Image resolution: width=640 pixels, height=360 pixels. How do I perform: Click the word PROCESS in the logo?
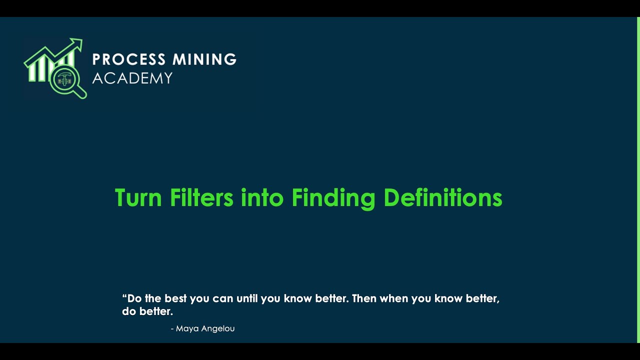click(x=128, y=59)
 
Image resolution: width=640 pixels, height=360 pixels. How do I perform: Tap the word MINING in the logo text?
click(x=204, y=59)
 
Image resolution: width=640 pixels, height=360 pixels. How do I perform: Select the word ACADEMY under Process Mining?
click(x=132, y=78)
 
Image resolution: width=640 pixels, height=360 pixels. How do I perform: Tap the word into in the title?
click(x=262, y=197)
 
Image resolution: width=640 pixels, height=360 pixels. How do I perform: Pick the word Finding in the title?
click(x=333, y=198)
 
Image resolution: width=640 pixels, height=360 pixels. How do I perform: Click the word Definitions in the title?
click(x=443, y=197)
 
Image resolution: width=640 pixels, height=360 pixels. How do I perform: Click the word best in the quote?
click(x=176, y=298)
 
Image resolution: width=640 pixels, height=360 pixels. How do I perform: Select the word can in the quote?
click(x=223, y=299)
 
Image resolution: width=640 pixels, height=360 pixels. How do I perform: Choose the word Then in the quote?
click(x=364, y=298)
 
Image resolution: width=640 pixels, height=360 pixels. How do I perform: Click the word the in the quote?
click(x=153, y=298)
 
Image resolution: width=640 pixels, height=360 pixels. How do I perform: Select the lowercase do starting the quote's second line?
click(x=128, y=311)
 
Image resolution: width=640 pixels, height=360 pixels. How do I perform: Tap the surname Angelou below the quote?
click(x=218, y=328)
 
